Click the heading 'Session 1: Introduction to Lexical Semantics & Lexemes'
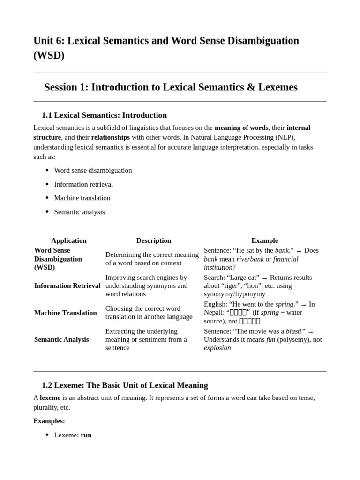click(171, 87)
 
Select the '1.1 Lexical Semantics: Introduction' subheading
click(104, 115)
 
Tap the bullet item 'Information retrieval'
click(83, 184)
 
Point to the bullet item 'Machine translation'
click(82, 198)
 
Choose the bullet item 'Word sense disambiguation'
click(93, 170)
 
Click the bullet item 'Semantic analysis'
click(79, 212)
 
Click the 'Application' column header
click(69, 240)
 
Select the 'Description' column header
click(154, 240)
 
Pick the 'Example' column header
click(265, 240)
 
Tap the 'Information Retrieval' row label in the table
click(67, 285)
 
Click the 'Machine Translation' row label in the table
click(66, 313)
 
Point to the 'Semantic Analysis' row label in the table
click(61, 339)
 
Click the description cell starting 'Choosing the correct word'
click(149, 313)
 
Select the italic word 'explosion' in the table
click(217, 348)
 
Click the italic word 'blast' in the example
click(292, 331)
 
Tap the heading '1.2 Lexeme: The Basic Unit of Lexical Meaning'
click(125, 385)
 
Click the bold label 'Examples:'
click(49, 421)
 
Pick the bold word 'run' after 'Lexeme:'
click(86, 435)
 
